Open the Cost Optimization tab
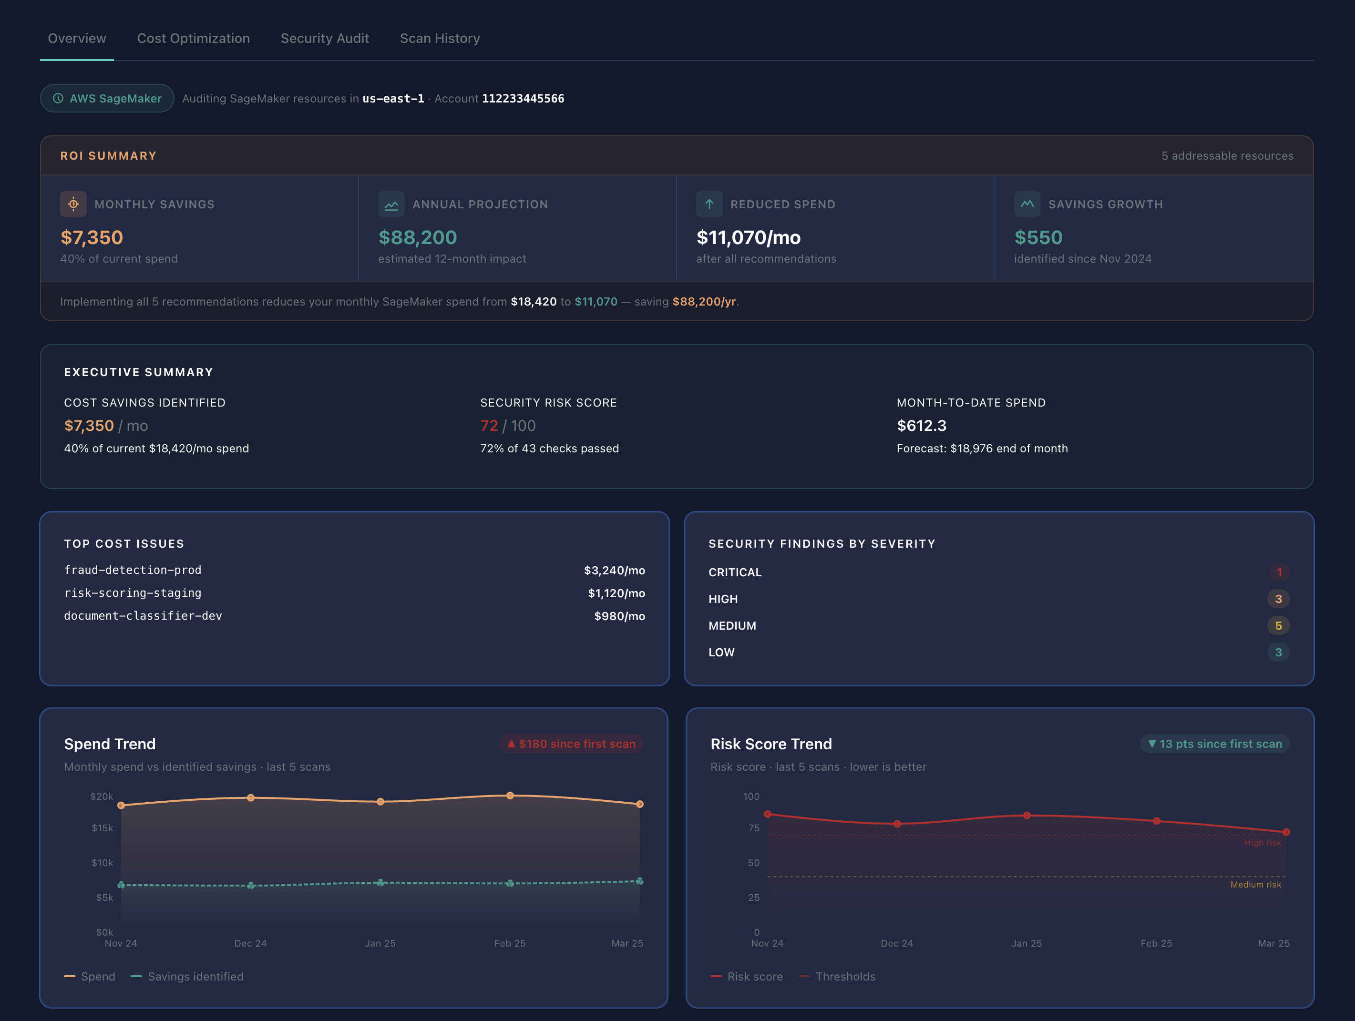coord(193,39)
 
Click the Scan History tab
coord(439,39)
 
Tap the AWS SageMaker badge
coord(107,99)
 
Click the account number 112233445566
coord(523,99)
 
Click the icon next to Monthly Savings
coord(73,204)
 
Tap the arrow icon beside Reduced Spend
coord(709,204)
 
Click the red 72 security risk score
coord(488,426)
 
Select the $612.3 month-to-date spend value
coord(921,426)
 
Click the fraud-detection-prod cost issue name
coord(133,570)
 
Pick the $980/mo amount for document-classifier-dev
coord(619,616)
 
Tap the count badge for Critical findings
coord(1278,572)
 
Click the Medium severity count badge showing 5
coord(1278,626)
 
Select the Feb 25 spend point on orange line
coord(510,796)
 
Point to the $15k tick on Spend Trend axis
coord(103,828)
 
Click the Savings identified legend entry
coord(187,977)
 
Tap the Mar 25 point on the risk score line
coord(1286,832)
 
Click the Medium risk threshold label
coord(1255,884)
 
